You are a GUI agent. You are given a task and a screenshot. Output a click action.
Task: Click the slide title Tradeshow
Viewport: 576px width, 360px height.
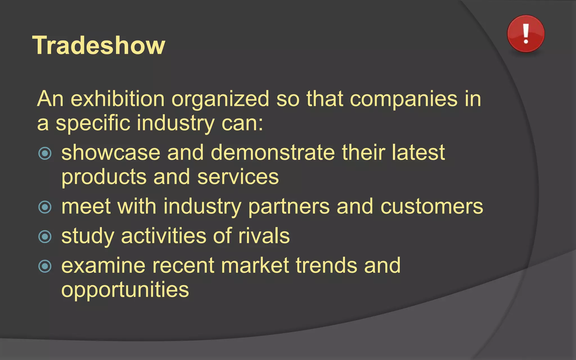click(99, 45)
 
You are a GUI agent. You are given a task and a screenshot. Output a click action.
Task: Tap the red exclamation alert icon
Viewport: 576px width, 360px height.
click(526, 34)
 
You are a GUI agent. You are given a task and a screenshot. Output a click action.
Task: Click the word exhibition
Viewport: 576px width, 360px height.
click(118, 99)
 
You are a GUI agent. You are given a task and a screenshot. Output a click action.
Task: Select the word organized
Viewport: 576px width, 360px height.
click(220, 99)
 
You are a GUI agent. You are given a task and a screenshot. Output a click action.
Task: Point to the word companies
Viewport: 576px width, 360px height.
click(404, 99)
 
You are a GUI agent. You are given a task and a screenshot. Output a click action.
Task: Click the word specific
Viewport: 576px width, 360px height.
click(93, 123)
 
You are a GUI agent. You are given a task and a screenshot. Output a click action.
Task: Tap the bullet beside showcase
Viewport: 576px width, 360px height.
click(45, 153)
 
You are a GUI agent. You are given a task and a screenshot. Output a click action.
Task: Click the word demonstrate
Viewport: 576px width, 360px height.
click(273, 152)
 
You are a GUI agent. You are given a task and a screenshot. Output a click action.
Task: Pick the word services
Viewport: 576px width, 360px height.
click(238, 177)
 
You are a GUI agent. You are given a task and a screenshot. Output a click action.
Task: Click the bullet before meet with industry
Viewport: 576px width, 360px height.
click(45, 207)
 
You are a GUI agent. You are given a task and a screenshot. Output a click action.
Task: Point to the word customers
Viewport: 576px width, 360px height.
click(432, 206)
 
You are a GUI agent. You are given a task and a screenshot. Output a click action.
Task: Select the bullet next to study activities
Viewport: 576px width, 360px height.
click(45, 237)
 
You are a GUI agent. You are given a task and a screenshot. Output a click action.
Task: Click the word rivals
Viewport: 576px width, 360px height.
click(264, 236)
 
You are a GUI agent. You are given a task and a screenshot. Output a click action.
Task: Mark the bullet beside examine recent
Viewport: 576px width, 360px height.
click(45, 266)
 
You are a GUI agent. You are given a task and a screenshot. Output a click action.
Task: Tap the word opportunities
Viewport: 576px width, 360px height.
click(125, 290)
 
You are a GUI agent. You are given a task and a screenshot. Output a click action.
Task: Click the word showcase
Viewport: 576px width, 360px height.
click(111, 152)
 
